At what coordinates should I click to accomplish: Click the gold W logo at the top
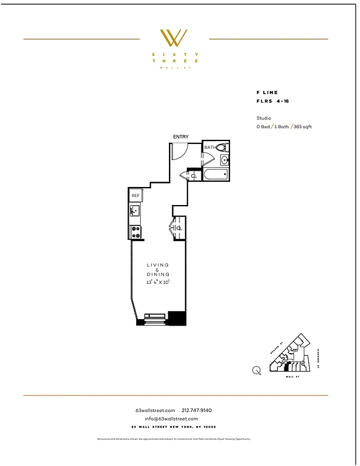click(x=174, y=38)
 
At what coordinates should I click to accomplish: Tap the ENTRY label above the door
click(x=181, y=137)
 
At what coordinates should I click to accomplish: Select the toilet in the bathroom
click(x=221, y=147)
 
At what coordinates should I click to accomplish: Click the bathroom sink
click(x=225, y=160)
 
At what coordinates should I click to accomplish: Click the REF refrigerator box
click(x=136, y=196)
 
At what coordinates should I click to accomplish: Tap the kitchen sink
click(x=135, y=211)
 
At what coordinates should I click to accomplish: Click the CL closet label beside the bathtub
click(x=193, y=175)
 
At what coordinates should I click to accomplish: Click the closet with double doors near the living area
click(x=178, y=228)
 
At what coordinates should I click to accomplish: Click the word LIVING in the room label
click(x=158, y=265)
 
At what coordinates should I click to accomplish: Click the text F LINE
click(x=267, y=93)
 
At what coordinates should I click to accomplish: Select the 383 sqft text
click(x=302, y=126)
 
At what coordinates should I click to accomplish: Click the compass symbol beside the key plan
click(x=256, y=369)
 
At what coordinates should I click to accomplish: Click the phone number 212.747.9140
click(x=197, y=411)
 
